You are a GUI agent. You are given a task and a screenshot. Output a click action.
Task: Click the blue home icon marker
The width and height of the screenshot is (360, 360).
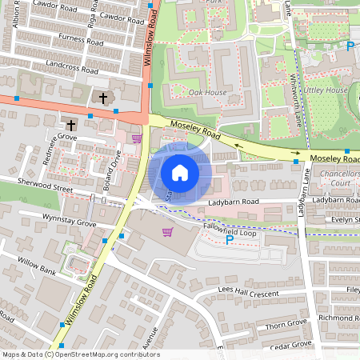(x=180, y=173)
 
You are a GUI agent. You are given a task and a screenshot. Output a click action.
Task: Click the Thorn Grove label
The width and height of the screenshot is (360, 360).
(x=287, y=325)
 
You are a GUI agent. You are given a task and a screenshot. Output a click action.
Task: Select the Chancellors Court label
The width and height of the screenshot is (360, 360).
(x=339, y=178)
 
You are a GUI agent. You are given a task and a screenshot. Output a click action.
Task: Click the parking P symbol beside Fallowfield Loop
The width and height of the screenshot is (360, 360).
(x=230, y=239)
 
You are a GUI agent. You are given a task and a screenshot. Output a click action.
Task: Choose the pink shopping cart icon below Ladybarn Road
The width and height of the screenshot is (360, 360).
(x=168, y=232)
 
